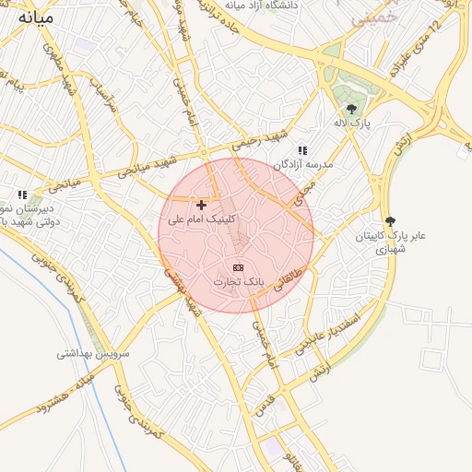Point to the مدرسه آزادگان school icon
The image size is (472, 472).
tap(301, 150)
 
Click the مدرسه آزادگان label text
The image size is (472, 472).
tap(302, 164)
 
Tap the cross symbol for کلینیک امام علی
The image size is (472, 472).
tap(202, 205)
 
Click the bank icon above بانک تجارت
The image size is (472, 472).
tap(239, 266)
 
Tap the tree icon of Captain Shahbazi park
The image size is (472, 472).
tap(390, 221)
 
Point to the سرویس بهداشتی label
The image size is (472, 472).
tap(94, 353)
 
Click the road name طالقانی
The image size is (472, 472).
tap(288, 277)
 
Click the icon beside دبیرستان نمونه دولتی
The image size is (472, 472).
tap(22, 195)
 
